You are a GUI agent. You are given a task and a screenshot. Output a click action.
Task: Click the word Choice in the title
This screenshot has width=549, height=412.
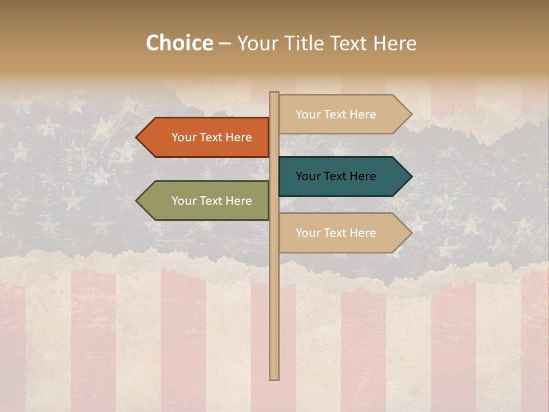[x=179, y=43]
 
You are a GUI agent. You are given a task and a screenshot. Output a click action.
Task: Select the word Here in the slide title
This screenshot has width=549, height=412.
[x=395, y=43]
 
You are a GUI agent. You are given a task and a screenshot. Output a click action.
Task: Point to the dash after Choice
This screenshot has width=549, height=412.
[x=225, y=44]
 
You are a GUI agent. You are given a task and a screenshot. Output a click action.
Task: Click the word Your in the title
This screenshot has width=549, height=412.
[x=258, y=43]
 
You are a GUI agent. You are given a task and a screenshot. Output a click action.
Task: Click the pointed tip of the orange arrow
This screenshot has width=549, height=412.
[x=137, y=137]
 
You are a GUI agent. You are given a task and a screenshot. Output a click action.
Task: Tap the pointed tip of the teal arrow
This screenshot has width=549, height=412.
[x=411, y=176]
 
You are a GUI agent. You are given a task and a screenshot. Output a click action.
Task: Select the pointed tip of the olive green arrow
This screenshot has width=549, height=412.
[x=137, y=201]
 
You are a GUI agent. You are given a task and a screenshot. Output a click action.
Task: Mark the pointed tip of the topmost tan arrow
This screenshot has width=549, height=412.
[x=411, y=114]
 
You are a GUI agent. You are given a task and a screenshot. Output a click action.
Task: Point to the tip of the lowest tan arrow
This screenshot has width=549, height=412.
[x=411, y=233]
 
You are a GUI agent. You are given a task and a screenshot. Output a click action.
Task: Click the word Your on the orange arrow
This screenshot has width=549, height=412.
[x=184, y=137]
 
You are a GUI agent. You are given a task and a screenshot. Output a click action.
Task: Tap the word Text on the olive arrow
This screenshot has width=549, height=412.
[x=211, y=201]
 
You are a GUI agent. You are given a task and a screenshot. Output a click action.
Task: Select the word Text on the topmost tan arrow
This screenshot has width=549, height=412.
[x=335, y=114]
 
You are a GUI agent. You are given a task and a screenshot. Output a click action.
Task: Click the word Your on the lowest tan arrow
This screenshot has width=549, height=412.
[x=308, y=233]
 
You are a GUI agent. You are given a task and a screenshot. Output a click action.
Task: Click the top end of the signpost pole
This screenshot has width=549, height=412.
[x=274, y=93]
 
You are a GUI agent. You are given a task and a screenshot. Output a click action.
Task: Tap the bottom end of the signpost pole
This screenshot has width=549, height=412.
[x=274, y=378]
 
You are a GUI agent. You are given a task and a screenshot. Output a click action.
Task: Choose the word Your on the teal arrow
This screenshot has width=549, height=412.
[x=308, y=176]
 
